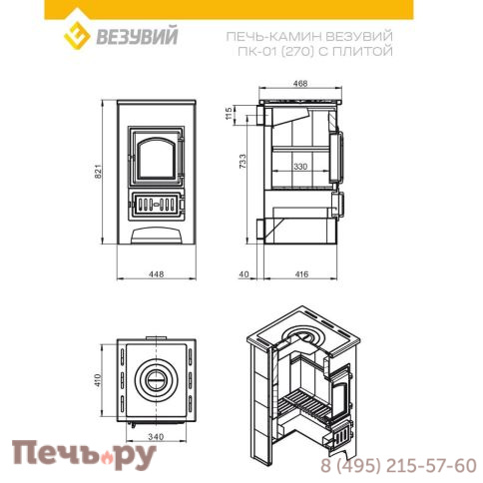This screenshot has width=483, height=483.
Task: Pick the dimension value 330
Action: (300, 167)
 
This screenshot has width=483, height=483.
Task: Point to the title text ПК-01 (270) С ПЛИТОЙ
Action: (338, 51)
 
